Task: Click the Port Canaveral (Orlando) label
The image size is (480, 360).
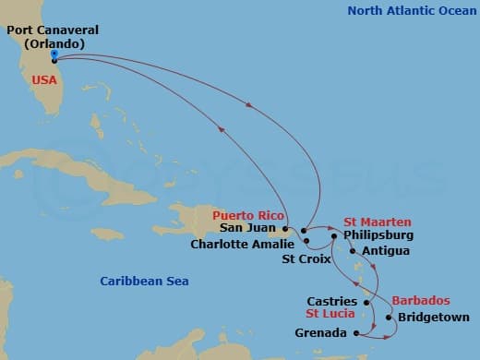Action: [52, 36]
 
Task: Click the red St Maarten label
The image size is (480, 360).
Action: [378, 222]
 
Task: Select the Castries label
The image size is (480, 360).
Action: [335, 302]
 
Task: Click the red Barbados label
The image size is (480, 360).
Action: [421, 302]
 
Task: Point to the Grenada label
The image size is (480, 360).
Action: [321, 333]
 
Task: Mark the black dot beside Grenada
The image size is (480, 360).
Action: [356, 333]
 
